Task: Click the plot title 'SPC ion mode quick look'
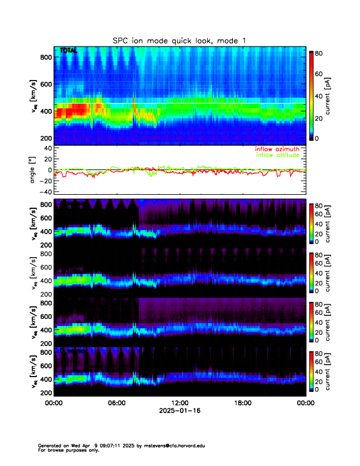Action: [180, 40]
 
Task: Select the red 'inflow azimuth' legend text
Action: [278, 149]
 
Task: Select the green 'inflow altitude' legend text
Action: [278, 155]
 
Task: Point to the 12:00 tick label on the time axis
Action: [179, 403]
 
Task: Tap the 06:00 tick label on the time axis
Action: [116, 403]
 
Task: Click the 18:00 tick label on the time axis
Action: [242, 403]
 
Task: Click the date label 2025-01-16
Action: [179, 411]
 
